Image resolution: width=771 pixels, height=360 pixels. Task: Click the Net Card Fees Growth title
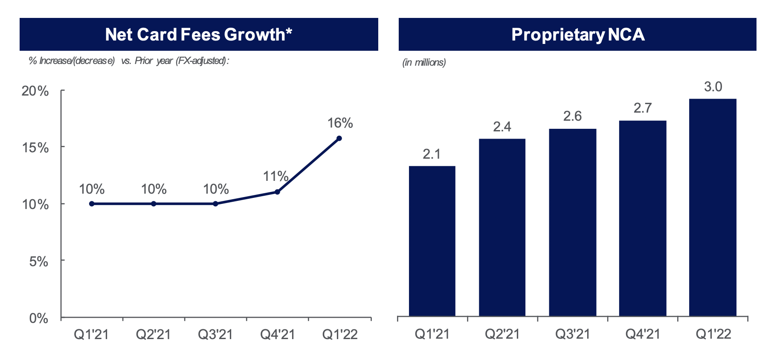[x=199, y=35]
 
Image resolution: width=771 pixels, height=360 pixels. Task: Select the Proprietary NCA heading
[x=577, y=35]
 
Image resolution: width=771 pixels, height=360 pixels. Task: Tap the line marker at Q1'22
[x=339, y=138]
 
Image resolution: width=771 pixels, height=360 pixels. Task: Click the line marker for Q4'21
[x=277, y=192]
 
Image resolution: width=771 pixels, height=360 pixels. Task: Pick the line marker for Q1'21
[x=92, y=204]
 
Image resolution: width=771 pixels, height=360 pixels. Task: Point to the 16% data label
[x=340, y=123]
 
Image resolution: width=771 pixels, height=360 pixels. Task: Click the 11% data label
[x=275, y=176]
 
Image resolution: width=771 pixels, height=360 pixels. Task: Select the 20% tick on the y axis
[x=35, y=91]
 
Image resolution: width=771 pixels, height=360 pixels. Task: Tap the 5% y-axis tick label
[x=39, y=261]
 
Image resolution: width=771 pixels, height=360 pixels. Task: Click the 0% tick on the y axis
[x=39, y=318]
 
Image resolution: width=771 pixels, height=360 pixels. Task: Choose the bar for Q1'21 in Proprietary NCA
[x=432, y=241]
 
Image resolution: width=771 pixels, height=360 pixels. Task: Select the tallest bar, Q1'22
[x=713, y=207]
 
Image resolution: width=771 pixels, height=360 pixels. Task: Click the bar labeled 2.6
[x=572, y=222]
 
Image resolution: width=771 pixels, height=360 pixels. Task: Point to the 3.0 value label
[x=713, y=87]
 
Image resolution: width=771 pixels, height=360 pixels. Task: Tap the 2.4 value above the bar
[x=502, y=127]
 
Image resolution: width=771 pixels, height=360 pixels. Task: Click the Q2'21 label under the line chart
[x=153, y=334]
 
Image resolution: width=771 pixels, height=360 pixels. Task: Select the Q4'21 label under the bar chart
[x=642, y=334]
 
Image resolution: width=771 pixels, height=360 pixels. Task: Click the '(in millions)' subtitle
[x=424, y=63]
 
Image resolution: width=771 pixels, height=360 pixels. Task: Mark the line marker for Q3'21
[x=215, y=204]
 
